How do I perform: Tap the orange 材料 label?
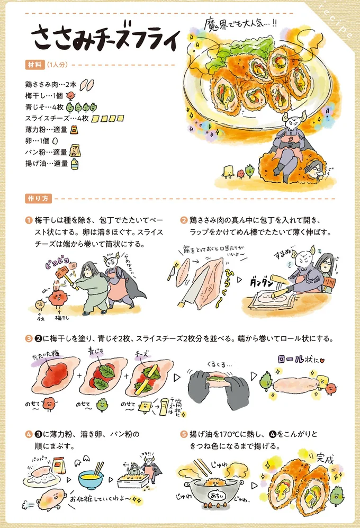[34, 65]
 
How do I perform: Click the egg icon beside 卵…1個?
[55, 141]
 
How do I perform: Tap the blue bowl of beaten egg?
[90, 479]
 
